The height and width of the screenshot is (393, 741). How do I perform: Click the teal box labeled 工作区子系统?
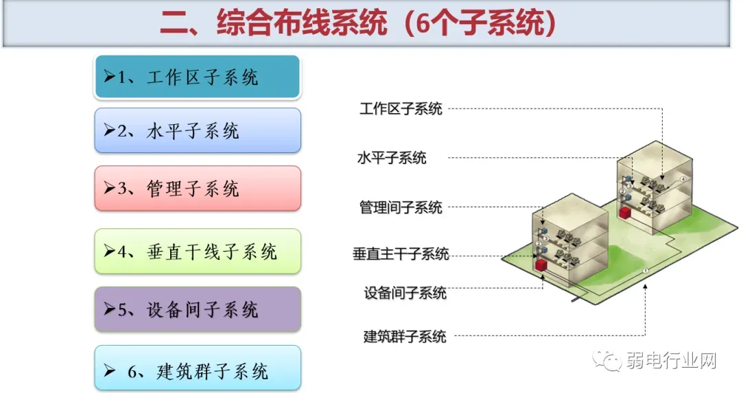tap(197, 77)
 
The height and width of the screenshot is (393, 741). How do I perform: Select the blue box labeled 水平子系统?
tap(197, 130)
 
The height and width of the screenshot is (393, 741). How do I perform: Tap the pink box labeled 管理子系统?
tap(197, 188)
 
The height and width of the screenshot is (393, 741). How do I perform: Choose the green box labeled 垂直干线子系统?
tap(197, 251)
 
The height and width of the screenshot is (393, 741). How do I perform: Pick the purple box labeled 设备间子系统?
tap(197, 309)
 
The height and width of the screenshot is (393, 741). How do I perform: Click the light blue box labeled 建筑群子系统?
tap(197, 371)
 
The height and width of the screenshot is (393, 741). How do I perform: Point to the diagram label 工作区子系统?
tap(401, 108)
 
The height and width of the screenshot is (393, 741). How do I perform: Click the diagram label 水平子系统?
tap(392, 158)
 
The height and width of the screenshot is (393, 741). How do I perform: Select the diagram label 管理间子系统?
tap(401, 207)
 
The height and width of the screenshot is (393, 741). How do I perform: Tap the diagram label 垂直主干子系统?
tap(401, 254)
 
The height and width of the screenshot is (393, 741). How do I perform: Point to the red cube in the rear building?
tap(624, 213)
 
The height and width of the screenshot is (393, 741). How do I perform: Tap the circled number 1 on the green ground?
tap(645, 272)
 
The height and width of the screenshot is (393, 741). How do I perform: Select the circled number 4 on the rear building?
tap(683, 179)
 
